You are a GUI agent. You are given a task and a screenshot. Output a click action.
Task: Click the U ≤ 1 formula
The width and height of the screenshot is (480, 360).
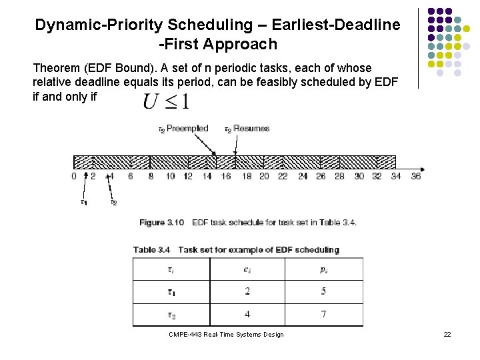click(166, 102)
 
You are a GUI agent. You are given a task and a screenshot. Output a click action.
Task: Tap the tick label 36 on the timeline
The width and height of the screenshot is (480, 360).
click(416, 176)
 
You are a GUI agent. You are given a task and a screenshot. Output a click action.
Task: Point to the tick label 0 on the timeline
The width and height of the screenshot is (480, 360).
click(74, 176)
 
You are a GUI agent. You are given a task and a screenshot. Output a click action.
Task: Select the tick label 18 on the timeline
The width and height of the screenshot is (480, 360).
click(247, 176)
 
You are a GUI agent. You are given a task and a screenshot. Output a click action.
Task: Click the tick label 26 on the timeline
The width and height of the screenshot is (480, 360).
click(321, 176)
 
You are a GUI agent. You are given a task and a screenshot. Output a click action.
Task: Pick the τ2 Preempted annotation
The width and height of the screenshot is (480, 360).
click(183, 129)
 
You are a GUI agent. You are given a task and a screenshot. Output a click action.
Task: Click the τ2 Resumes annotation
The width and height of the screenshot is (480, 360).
click(247, 129)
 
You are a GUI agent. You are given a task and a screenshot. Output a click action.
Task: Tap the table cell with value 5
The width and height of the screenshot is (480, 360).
click(324, 291)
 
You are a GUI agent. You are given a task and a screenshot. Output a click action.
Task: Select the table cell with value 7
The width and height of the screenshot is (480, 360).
click(324, 314)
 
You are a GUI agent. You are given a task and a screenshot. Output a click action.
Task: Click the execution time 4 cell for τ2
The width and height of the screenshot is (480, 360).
click(247, 314)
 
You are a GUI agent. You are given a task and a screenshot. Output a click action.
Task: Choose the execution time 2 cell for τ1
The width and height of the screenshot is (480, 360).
click(247, 291)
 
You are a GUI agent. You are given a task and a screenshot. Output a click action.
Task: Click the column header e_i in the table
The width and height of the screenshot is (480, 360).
click(247, 269)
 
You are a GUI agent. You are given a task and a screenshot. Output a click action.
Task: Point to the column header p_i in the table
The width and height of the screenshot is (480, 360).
click(324, 269)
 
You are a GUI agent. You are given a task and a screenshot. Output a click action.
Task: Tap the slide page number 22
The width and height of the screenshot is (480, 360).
click(447, 334)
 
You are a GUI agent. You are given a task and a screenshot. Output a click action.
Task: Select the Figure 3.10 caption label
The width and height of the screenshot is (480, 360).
click(161, 222)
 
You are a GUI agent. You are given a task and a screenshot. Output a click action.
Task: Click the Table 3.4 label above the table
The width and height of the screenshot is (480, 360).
click(151, 250)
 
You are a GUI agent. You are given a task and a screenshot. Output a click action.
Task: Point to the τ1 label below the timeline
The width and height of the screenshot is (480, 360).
click(83, 203)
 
